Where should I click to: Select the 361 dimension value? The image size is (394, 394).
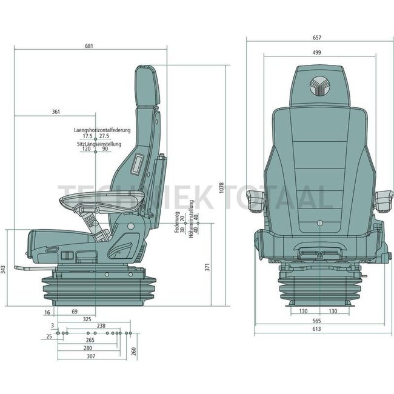(56, 112)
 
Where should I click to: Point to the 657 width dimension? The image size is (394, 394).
(316, 38)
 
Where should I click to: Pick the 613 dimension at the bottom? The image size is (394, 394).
(316, 329)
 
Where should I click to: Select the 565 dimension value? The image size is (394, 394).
(316, 322)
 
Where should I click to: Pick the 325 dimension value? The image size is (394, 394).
(87, 318)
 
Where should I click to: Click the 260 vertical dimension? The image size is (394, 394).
(134, 350)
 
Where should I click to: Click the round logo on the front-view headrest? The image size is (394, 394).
(318, 86)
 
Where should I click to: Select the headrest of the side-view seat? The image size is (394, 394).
(146, 84)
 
